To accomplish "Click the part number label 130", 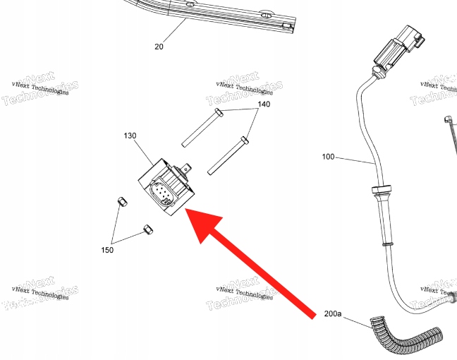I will click(x=130, y=135).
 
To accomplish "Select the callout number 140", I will click(x=263, y=104).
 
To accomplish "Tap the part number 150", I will click(x=107, y=250).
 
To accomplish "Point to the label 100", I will click(x=328, y=157).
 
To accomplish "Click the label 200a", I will click(x=333, y=313).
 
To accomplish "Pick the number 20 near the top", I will click(x=159, y=47).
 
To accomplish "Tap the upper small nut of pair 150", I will click(x=121, y=203).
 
